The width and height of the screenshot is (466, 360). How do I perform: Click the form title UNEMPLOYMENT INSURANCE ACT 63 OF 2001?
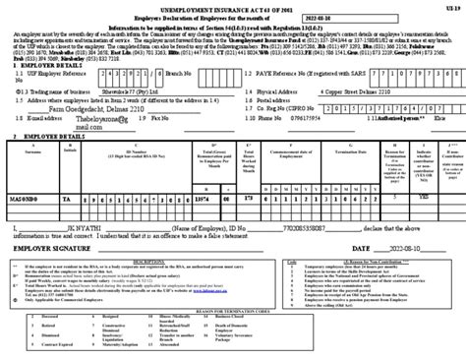(232, 8)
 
